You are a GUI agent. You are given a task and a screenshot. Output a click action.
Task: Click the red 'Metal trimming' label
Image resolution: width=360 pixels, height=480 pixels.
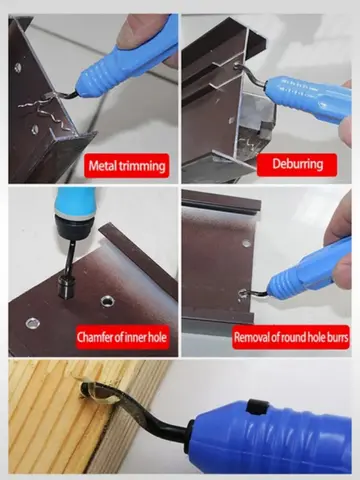pos(126,163)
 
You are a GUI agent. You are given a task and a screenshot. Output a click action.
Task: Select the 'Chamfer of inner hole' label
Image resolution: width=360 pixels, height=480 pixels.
pos(122,337)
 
